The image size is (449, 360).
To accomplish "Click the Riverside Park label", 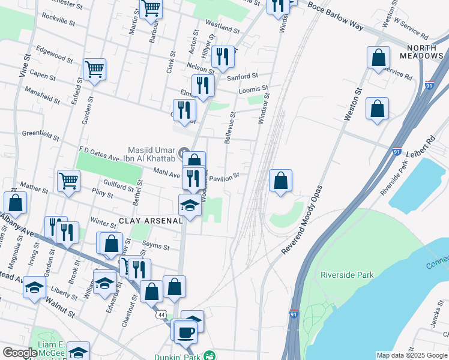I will [x=347, y=275].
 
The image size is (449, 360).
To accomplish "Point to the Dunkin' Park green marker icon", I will [x=209, y=355].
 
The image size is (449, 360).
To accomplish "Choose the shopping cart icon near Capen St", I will [x=95, y=70].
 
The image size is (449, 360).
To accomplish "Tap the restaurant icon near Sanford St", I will [x=223, y=57].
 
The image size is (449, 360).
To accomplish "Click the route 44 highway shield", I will [x=161, y=314].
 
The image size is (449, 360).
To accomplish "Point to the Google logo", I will [x=20, y=353].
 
